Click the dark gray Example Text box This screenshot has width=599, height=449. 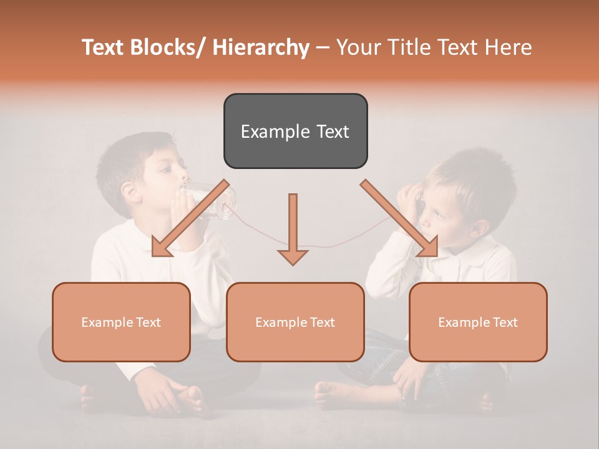click(x=295, y=131)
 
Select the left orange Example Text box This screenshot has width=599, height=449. click(x=121, y=322)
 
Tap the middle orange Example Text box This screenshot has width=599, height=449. click(x=295, y=322)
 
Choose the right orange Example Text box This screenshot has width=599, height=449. click(x=478, y=322)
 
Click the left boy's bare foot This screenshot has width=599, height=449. click(x=193, y=399)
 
